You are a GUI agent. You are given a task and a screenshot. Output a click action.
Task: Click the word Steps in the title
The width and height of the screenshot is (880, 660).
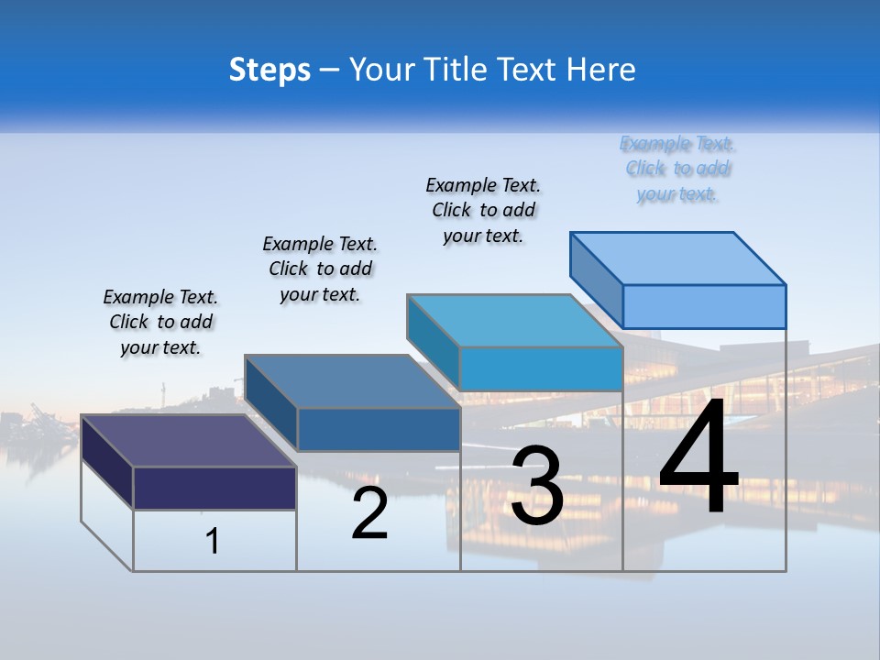269,70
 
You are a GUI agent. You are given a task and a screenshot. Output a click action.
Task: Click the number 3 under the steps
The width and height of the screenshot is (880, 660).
537,486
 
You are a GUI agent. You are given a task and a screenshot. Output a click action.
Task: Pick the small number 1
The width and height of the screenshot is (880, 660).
212,541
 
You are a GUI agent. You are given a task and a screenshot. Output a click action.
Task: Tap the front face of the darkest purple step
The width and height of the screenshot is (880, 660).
214,488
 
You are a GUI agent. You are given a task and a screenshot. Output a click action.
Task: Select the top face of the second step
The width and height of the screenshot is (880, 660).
352,380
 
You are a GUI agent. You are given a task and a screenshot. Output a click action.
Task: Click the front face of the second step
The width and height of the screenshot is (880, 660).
379,429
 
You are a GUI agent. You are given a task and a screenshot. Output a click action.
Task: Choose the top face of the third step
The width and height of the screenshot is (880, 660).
515,320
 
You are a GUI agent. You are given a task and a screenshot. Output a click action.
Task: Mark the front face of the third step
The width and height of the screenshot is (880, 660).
541,368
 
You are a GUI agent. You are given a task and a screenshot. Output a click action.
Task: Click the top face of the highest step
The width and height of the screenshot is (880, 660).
678,258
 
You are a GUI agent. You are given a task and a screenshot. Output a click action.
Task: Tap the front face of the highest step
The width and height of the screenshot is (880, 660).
704,306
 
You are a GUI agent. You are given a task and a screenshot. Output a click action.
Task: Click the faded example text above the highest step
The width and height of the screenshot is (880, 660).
676,169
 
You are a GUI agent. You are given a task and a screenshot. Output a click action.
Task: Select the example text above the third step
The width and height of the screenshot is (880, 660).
483,210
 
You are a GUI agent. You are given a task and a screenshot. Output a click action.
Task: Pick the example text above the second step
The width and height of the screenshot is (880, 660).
320,269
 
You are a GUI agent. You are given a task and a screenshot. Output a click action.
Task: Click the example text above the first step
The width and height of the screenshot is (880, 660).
160,322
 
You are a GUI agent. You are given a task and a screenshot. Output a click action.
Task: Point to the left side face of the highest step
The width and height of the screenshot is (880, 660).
596,280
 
